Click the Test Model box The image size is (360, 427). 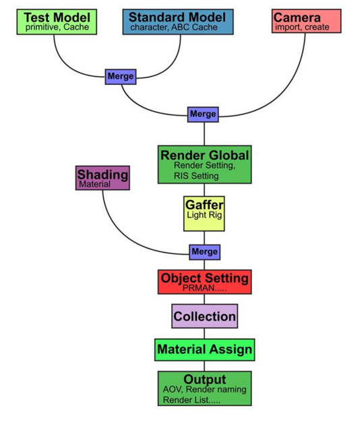point(57,22)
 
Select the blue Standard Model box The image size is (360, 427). point(178,22)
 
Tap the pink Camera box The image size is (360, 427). point(306,21)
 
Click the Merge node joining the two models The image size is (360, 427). point(121,77)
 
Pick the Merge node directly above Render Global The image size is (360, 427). point(203,114)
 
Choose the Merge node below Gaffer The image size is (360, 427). point(205,252)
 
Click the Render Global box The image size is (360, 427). point(205,164)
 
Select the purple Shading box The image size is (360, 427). point(102,178)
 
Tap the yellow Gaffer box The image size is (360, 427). point(204,213)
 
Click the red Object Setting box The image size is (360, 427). point(205,282)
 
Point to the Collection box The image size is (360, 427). point(205,316)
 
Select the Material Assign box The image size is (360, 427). point(205,350)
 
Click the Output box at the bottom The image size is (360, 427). point(205,389)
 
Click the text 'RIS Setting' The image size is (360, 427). point(196,176)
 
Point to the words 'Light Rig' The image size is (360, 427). point(204,215)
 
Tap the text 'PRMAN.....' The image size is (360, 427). point(204,288)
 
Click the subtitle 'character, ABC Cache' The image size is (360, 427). point(174,27)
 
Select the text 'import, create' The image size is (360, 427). point(302,27)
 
